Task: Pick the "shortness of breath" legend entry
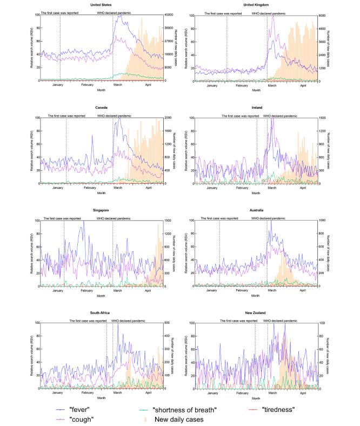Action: pos(184,409)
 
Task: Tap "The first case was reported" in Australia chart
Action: pos(219,218)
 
